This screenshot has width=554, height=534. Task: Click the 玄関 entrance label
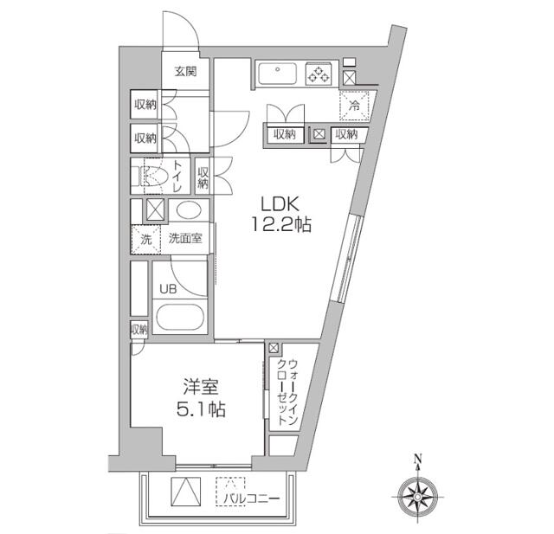point(185,72)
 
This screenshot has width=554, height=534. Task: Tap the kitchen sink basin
point(277,74)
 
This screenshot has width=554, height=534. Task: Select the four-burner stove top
point(319,74)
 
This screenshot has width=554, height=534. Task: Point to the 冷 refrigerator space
point(354,106)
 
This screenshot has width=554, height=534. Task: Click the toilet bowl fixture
point(152,176)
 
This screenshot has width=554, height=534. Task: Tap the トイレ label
point(177,176)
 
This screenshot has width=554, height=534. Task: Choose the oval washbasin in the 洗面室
point(189,210)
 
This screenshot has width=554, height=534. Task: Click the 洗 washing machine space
point(146,240)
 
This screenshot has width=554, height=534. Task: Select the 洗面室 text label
point(185,238)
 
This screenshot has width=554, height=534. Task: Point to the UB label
point(168,289)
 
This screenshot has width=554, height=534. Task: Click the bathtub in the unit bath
point(180,317)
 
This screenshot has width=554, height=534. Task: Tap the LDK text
point(280,204)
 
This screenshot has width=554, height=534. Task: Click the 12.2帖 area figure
point(281,224)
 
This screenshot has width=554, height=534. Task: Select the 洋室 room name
point(200,387)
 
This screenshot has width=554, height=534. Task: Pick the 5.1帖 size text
point(201,409)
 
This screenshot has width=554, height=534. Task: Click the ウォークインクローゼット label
point(287,392)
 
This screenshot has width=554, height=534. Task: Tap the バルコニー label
point(252,499)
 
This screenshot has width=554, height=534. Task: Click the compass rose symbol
point(417,497)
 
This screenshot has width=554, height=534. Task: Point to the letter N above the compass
point(418,459)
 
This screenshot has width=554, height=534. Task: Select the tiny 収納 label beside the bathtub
point(138,330)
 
